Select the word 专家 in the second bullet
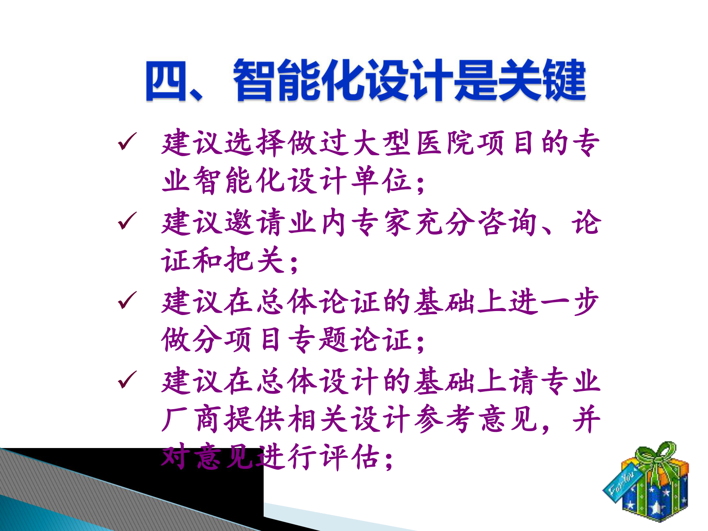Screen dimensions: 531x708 click(382, 222)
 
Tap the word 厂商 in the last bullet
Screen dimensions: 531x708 click(193, 419)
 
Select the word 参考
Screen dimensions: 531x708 click(445, 419)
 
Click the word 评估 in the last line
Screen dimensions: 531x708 click(351, 457)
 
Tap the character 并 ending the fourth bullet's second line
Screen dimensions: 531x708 click(587, 419)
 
